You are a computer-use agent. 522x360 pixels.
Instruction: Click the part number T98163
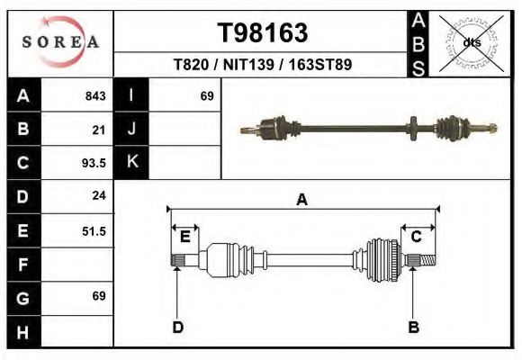click(x=262, y=33)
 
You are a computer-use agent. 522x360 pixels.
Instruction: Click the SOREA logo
click(x=60, y=42)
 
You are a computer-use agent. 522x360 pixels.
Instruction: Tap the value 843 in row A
click(x=94, y=96)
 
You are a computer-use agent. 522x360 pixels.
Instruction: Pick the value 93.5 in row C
click(x=94, y=163)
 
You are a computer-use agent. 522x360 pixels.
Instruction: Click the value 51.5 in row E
click(x=94, y=230)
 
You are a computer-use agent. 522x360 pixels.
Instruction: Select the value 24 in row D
click(x=98, y=195)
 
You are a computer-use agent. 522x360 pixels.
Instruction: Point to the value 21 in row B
click(x=98, y=130)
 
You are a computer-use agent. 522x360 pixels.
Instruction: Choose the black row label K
click(x=131, y=163)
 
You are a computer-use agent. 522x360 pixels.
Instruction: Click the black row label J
click(x=131, y=130)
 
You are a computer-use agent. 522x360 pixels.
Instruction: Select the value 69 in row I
click(x=206, y=96)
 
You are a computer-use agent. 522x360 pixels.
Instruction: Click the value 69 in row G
click(x=98, y=296)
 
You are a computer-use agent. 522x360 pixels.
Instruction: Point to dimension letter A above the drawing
click(x=301, y=200)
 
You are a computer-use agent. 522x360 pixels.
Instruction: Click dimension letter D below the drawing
click(x=177, y=327)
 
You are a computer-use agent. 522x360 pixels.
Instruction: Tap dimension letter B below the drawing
click(x=414, y=327)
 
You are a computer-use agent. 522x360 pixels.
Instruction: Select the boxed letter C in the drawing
click(x=417, y=237)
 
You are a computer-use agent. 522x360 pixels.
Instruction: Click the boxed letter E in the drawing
click(x=184, y=237)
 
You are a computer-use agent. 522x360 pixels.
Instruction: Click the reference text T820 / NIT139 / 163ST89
click(x=262, y=65)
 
